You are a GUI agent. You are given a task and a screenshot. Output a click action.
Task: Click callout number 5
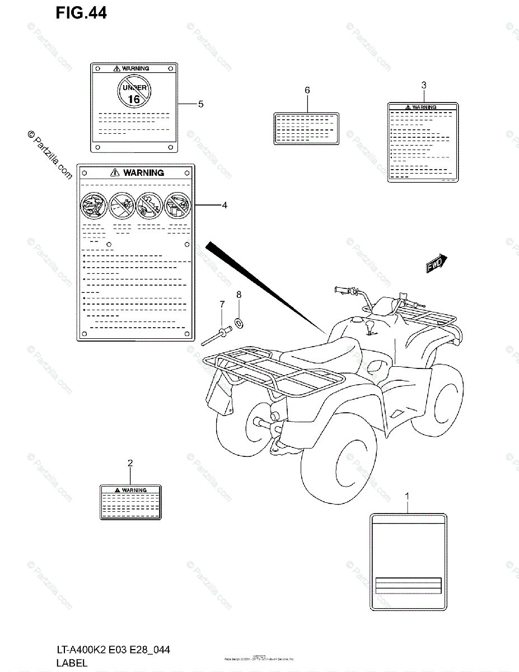click(200, 104)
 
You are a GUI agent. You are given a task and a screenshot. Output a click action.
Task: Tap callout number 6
click(307, 90)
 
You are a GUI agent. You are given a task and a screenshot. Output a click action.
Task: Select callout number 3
click(424, 85)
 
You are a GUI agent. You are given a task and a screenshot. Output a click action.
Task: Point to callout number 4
click(224, 206)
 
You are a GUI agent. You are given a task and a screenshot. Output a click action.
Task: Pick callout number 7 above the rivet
click(222, 304)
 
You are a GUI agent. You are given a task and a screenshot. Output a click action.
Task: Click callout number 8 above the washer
click(239, 294)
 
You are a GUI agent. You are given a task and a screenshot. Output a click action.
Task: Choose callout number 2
click(130, 463)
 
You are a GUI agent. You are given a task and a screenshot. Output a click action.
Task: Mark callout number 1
click(407, 496)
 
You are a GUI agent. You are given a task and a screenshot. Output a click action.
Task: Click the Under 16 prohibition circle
click(134, 92)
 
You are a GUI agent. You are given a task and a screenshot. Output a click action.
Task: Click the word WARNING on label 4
click(143, 173)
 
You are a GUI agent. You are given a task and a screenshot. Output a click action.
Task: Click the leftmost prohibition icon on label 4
click(93, 206)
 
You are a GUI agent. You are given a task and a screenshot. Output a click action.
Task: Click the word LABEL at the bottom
click(71, 662)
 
